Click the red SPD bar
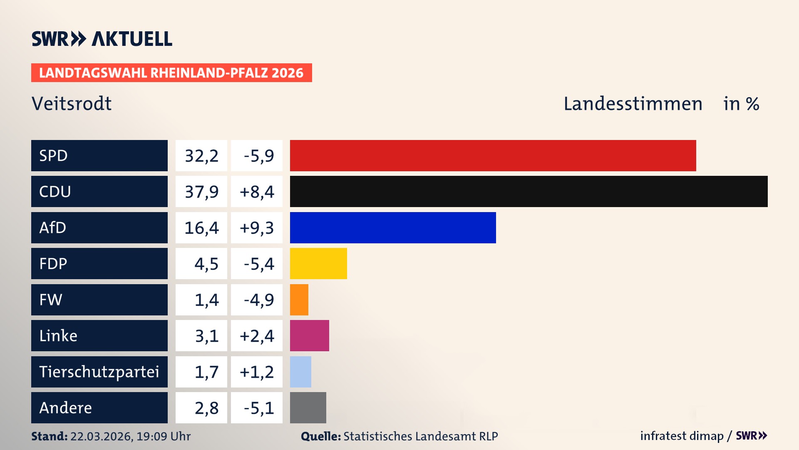pos(493,155)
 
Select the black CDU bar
pos(529,191)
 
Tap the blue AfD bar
pos(393,227)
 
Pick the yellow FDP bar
pos(318,263)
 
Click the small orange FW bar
pos(299,300)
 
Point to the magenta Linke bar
pos(309,335)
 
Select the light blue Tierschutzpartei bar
pos(300,372)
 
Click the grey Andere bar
pos(308,407)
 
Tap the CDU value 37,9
pos(201,192)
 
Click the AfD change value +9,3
pos(257,228)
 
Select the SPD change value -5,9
pos(258,156)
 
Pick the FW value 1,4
pos(206,300)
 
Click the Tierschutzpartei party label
pos(99,372)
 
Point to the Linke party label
pos(58,335)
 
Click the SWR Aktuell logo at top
pos(102,39)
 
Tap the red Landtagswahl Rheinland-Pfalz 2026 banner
pos(171,73)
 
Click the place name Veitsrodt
pos(72,103)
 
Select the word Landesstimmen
pos(633,104)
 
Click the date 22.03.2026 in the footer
pos(101,436)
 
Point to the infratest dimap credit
pos(682,436)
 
